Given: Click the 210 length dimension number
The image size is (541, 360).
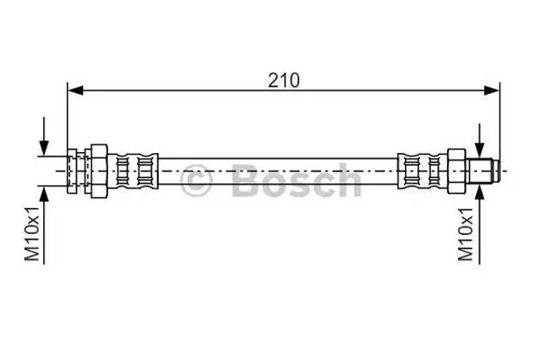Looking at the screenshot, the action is (284, 80).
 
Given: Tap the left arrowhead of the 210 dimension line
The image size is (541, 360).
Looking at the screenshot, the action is (75, 90).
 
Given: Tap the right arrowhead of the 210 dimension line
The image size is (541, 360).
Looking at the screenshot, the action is (492, 90).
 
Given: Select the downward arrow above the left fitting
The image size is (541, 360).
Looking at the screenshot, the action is (44, 136).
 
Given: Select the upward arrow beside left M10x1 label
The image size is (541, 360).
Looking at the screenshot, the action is (44, 225).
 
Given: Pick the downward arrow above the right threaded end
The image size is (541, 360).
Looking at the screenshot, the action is (479, 140).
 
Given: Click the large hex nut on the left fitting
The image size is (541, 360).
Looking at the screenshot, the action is (99, 171).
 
